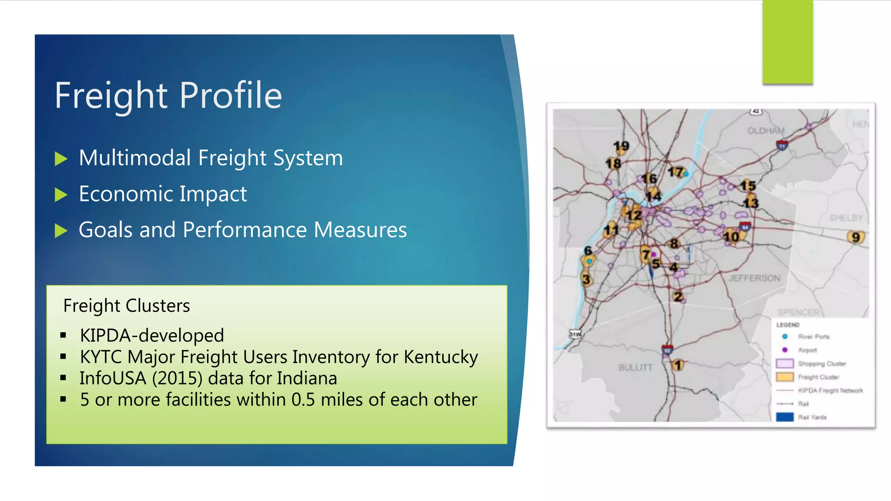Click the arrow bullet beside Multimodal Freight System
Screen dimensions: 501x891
pos(61,159)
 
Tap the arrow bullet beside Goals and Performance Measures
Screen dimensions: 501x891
pos(61,230)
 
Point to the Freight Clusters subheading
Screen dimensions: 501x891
pos(126,306)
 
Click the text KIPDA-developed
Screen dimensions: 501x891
pos(152,335)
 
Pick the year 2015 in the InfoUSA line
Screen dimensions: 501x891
pos(177,378)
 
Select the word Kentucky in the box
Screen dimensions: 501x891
pos(441,357)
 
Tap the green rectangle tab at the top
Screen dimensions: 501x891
pos(787,42)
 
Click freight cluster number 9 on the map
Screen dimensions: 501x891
pos(856,237)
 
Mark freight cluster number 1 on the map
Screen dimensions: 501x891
pos(677,365)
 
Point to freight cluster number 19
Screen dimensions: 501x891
pos(621,146)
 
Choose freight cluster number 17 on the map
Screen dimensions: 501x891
pos(676,172)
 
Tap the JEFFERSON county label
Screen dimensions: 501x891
pos(754,278)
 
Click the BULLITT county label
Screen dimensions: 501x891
pos(635,367)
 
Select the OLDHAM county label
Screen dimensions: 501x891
pos(766,130)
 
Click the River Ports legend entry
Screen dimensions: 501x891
pos(813,337)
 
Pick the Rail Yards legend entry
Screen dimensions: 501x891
pos(812,417)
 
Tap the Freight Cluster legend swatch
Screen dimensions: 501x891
pos(785,377)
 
